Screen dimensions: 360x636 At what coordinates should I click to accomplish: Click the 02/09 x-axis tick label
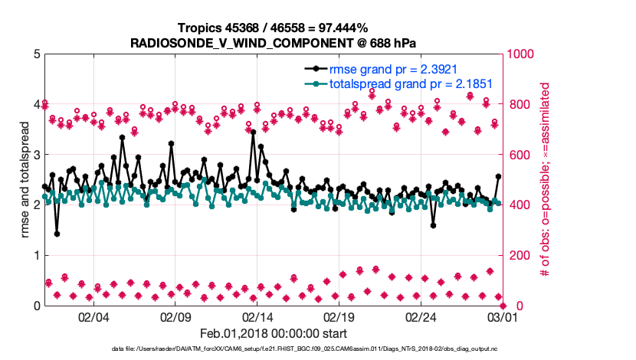pyautogui.click(x=175, y=317)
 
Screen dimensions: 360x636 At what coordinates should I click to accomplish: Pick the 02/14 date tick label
pyautogui.click(x=257, y=317)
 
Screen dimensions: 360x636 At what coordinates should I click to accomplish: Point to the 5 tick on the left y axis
pyautogui.click(x=35, y=54)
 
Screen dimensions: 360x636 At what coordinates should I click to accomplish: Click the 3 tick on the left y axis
pyautogui.click(x=35, y=155)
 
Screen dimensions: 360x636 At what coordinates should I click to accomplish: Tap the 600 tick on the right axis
pyautogui.click(x=516, y=155)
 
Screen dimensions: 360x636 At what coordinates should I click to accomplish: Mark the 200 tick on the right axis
pyautogui.click(x=516, y=255)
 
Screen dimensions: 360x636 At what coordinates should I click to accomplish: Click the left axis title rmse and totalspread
pyautogui.click(x=25, y=179)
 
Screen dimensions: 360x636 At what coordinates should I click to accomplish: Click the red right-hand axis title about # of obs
pyautogui.click(x=546, y=179)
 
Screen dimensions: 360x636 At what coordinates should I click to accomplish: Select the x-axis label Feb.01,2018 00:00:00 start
pyautogui.click(x=273, y=333)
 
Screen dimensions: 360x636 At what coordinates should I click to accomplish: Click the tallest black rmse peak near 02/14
pyautogui.click(x=253, y=133)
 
